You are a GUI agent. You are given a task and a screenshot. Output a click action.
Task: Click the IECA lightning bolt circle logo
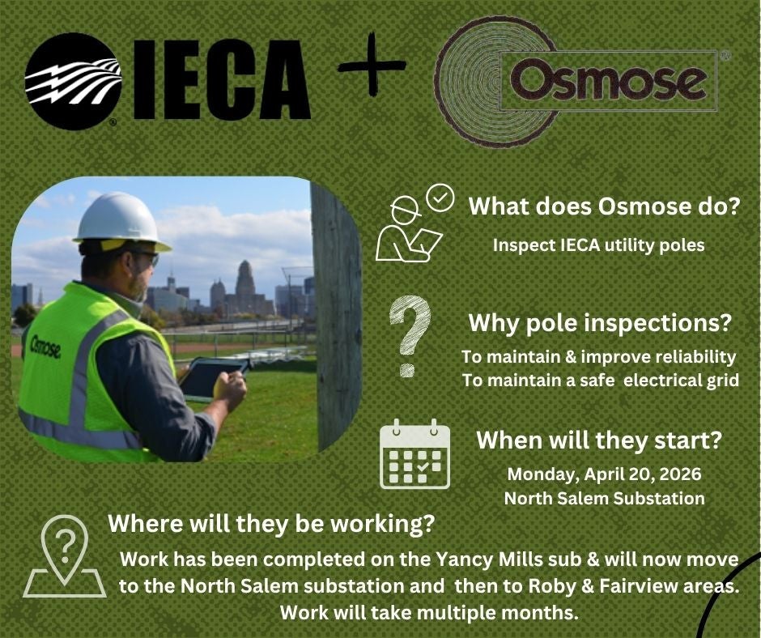tap(72, 81)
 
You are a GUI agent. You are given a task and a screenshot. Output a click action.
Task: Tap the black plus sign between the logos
tap(372, 64)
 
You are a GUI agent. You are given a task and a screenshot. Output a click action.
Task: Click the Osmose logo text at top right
tap(608, 81)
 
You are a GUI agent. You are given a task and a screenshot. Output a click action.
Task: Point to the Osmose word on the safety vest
tap(45, 347)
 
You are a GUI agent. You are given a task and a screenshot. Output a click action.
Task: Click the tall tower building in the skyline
tap(244, 286)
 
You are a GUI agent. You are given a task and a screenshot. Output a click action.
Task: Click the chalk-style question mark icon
tap(410, 335)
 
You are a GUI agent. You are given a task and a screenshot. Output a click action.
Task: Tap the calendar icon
tap(415, 453)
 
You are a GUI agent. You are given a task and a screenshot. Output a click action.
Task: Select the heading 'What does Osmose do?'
tap(604, 206)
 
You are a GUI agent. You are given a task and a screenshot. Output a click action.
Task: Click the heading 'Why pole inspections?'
tap(600, 323)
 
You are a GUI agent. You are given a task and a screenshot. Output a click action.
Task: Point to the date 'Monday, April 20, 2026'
tap(604, 474)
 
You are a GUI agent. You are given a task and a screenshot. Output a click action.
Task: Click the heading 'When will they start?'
tap(599, 440)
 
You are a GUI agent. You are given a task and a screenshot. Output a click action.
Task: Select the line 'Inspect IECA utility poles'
tap(599, 245)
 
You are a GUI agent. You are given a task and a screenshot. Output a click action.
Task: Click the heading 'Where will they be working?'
tap(271, 523)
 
